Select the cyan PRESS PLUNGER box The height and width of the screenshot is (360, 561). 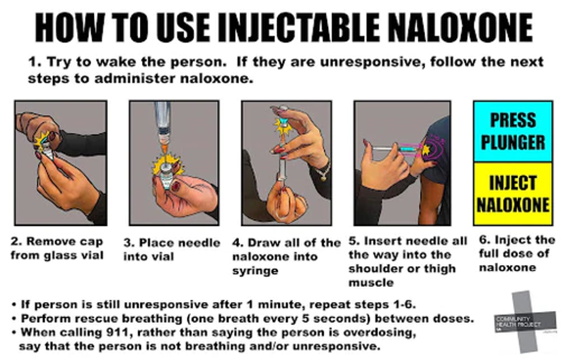coord(512,131)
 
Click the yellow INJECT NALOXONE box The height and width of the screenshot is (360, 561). coord(512,194)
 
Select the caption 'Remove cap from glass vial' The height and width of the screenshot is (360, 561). coord(57,248)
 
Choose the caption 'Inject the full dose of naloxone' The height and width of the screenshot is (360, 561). coord(516,254)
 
